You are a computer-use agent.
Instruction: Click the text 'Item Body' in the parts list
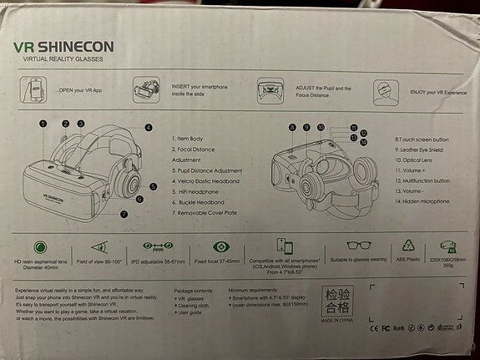point(190,138)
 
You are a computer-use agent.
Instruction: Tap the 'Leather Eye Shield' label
point(423,149)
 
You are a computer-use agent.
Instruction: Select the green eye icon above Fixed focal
point(221,247)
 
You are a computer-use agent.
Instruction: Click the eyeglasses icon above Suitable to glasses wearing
point(361,246)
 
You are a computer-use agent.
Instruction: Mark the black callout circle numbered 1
point(42,123)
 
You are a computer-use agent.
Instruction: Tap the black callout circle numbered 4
point(148,128)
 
